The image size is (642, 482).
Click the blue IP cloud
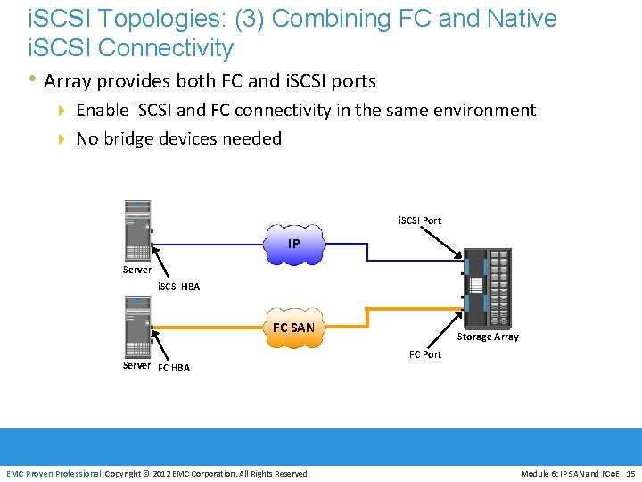click(293, 245)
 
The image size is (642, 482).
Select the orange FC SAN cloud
click(293, 328)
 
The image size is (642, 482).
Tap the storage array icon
click(487, 287)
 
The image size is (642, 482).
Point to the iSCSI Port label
click(419, 220)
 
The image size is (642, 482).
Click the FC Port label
click(425, 354)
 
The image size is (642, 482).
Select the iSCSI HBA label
click(178, 287)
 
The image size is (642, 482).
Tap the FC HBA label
click(173, 367)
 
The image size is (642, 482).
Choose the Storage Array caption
click(488, 337)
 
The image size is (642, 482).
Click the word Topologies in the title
click(147, 19)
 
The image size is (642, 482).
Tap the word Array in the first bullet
click(68, 81)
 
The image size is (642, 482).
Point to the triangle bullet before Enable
click(62, 111)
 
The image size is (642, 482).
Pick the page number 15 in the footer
click(630, 473)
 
